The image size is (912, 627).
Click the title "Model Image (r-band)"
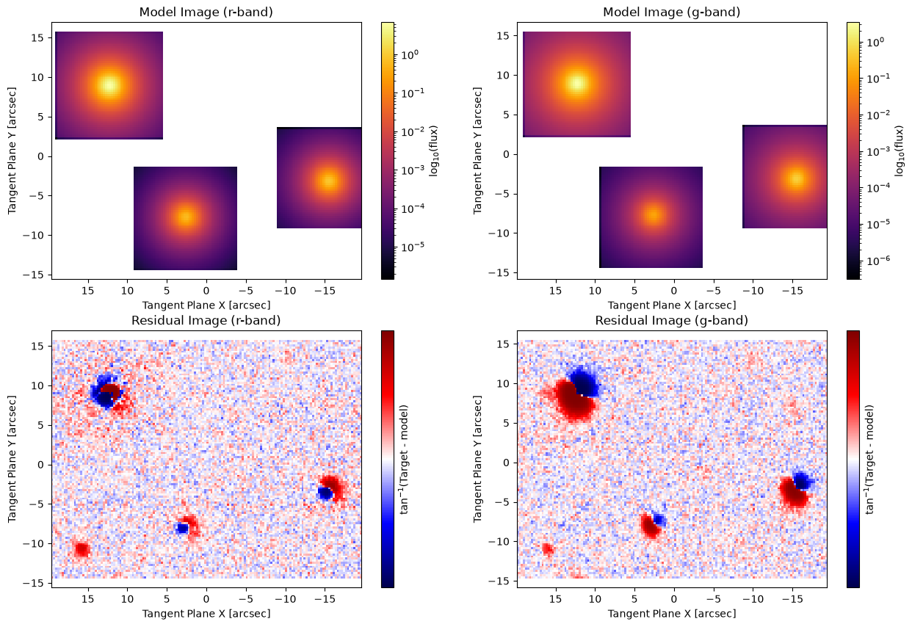click(x=206, y=12)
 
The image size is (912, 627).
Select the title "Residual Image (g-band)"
click(x=672, y=320)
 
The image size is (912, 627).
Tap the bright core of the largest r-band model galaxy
click(x=109, y=85)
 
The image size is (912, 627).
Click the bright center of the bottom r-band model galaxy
click(x=185, y=217)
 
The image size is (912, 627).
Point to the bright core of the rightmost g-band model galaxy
click(x=795, y=178)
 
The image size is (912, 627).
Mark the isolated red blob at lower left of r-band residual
click(x=82, y=549)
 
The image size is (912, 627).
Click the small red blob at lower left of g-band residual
click(x=548, y=549)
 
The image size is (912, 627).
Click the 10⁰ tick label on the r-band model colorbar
click(x=410, y=54)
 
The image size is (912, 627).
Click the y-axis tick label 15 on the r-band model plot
click(x=38, y=38)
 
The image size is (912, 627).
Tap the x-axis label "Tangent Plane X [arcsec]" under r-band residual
click(x=206, y=614)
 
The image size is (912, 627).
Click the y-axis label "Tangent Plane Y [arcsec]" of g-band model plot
click(x=477, y=151)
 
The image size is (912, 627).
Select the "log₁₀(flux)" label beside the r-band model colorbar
click(x=433, y=151)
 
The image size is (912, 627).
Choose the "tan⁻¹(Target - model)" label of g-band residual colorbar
click(x=869, y=460)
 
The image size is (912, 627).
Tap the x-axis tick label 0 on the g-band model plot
click(x=674, y=291)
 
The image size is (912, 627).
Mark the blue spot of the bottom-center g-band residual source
click(x=659, y=520)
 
